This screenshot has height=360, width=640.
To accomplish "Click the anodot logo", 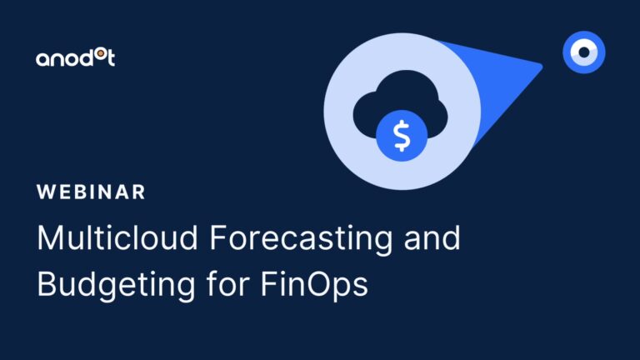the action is pyautogui.click(x=76, y=57).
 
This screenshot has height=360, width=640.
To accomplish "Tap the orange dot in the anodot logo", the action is pyautogui.click(x=100, y=53).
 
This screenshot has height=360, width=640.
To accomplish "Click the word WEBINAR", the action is pyautogui.click(x=91, y=192).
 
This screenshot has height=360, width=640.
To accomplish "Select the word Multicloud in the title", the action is pyautogui.click(x=117, y=237).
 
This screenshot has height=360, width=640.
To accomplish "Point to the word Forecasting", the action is pyautogui.click(x=301, y=240).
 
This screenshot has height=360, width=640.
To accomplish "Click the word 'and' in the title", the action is pyautogui.click(x=432, y=237).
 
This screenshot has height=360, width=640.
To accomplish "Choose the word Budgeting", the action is pyautogui.click(x=116, y=285).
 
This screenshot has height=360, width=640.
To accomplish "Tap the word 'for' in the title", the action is pyautogui.click(x=227, y=282).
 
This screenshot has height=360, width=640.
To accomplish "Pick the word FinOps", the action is pyautogui.click(x=314, y=285).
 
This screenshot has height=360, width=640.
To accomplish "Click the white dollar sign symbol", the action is pyautogui.click(x=402, y=136).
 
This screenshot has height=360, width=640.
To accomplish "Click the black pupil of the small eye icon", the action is pyautogui.click(x=584, y=52).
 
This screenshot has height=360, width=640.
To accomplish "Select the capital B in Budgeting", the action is pyautogui.click(x=47, y=284).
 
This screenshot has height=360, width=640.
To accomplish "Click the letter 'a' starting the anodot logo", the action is pyautogui.click(x=42, y=60).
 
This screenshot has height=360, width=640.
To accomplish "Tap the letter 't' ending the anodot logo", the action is pyautogui.click(x=110, y=57).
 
